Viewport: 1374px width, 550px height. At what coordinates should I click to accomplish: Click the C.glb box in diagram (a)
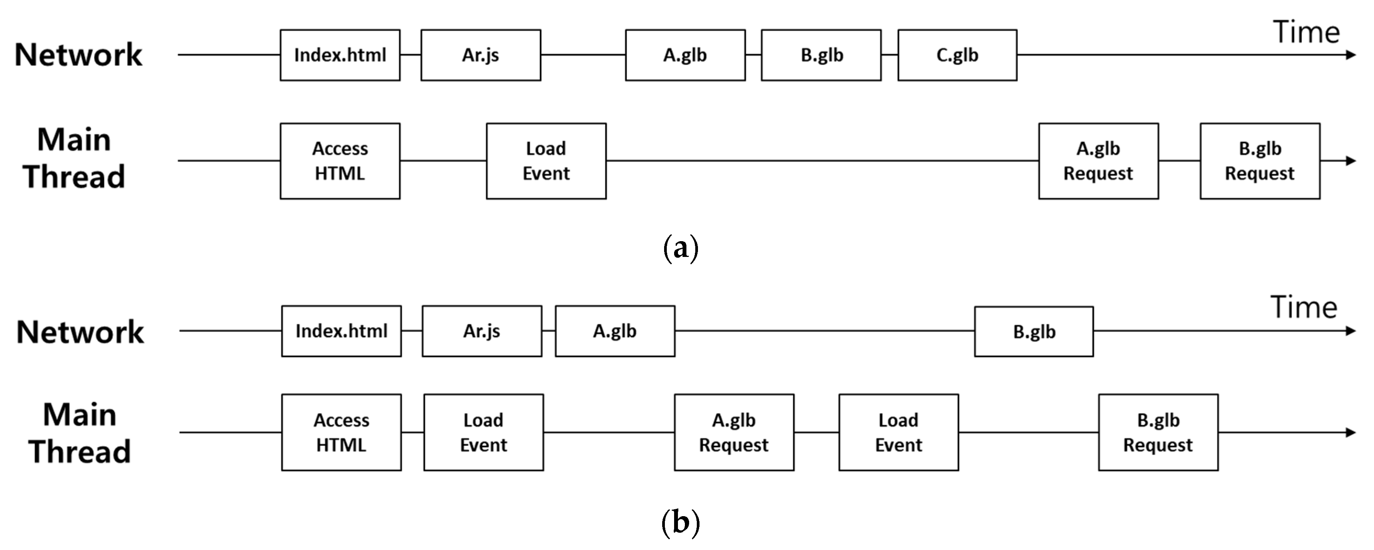point(957,55)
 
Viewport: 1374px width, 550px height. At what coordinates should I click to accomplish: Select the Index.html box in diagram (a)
point(340,55)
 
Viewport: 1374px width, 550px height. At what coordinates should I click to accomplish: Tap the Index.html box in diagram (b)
point(341,331)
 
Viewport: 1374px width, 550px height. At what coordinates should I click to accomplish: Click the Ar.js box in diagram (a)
point(481,55)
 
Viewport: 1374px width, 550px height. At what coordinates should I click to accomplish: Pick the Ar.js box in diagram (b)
point(482,331)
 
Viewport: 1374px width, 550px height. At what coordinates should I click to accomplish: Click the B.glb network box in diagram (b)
point(1034,332)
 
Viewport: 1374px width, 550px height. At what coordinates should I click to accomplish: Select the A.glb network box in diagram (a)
point(685,55)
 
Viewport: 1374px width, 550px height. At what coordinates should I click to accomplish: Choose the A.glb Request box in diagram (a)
point(1098,161)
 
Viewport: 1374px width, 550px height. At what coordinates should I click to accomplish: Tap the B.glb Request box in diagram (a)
point(1260,161)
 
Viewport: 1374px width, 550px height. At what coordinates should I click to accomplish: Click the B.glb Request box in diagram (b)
point(1158,432)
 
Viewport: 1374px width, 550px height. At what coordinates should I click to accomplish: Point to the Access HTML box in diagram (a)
point(340,161)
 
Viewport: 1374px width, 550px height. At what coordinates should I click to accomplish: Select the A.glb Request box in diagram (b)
point(734,432)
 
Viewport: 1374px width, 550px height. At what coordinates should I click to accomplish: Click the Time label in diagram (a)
point(1306,33)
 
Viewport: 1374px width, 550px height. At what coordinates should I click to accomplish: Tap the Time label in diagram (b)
point(1304,308)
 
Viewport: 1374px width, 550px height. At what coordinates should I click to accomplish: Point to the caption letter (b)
point(681,522)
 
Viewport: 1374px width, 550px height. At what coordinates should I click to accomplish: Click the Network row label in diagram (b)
point(80,332)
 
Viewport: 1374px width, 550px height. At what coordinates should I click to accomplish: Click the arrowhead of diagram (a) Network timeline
point(1351,55)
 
